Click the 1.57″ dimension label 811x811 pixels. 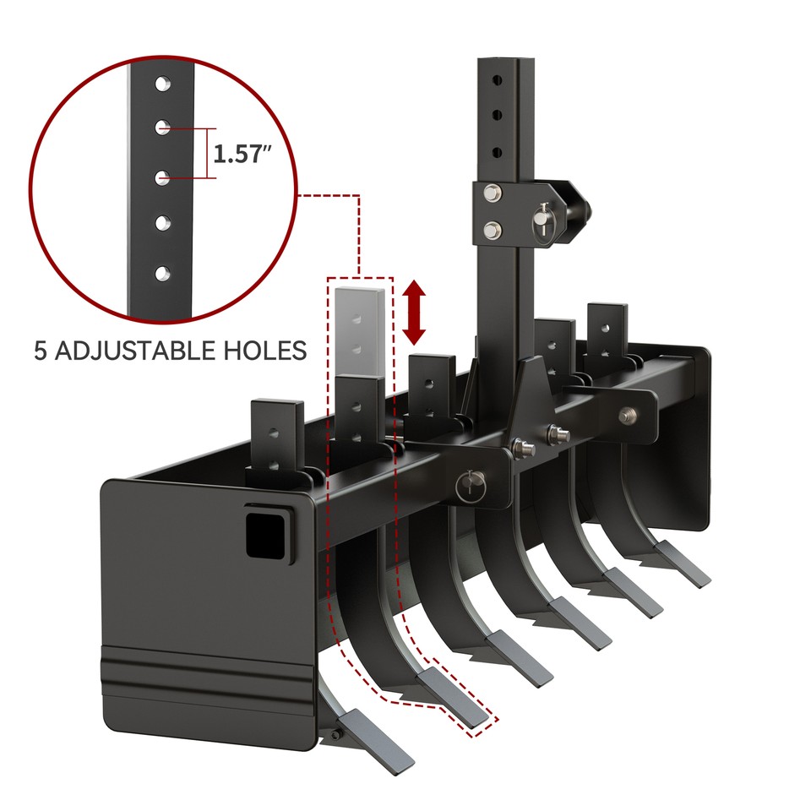242,155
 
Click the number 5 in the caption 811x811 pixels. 41,350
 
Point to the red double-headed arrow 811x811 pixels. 414,313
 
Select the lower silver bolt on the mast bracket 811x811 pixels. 492,228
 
